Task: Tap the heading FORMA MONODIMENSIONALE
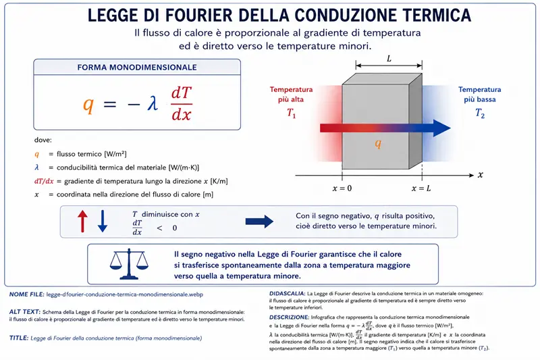(x=137, y=67)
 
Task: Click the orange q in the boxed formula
(x=88, y=105)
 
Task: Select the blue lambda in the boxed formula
(x=153, y=103)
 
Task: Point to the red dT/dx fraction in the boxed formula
(x=182, y=103)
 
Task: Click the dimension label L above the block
(x=389, y=59)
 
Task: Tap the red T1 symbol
(x=292, y=113)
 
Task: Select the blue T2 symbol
(x=480, y=113)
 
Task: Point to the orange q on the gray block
(x=378, y=143)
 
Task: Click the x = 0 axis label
(x=342, y=188)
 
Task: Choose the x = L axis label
(x=421, y=188)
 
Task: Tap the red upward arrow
(x=82, y=221)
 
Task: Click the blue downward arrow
(x=103, y=221)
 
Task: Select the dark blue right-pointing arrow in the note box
(x=259, y=222)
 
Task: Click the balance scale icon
(x=129, y=263)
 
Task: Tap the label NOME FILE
(x=26, y=294)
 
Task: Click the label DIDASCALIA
(x=288, y=294)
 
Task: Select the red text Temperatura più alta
(x=291, y=95)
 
